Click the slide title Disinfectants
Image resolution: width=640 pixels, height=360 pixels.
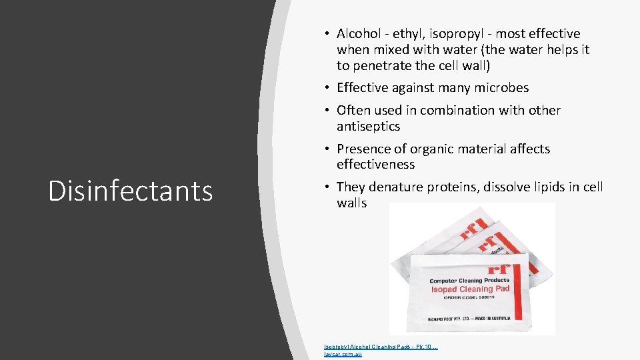pyautogui.click(x=131, y=191)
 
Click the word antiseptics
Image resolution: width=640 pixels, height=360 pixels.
pyautogui.click(x=368, y=126)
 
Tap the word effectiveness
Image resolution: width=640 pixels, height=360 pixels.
pyautogui.click(x=375, y=165)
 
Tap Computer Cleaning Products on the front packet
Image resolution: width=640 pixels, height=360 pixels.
pyautogui.click(x=469, y=280)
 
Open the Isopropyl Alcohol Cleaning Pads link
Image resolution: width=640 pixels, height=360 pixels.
pyautogui.click(x=380, y=347)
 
